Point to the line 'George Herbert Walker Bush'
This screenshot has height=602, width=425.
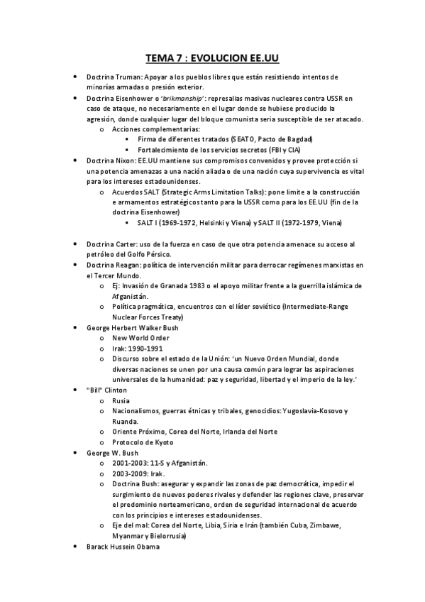click(x=132, y=328)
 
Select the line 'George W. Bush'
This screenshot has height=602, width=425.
click(x=112, y=453)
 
